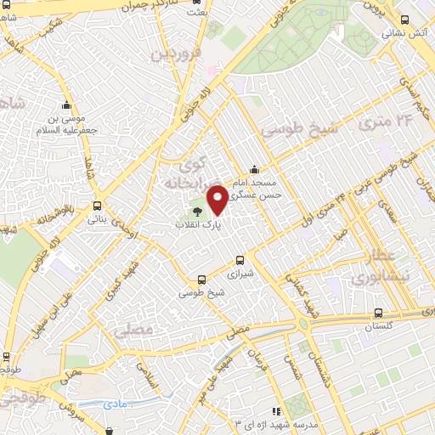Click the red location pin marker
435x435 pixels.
coord(217,200)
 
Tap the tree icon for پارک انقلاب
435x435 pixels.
coord(198,212)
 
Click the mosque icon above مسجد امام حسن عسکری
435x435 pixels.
coord(255,169)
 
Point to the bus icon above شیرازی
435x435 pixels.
coord(240,261)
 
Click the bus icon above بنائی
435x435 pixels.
coord(97,206)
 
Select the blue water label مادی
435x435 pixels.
coord(116,404)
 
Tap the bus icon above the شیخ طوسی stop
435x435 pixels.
coord(201,279)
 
